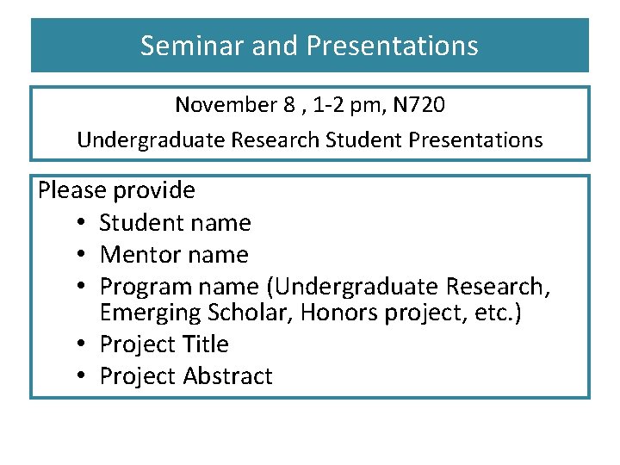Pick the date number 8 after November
tap(288, 106)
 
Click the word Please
tap(72, 190)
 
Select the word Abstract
tap(229, 376)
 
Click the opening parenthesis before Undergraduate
tap(269, 286)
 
